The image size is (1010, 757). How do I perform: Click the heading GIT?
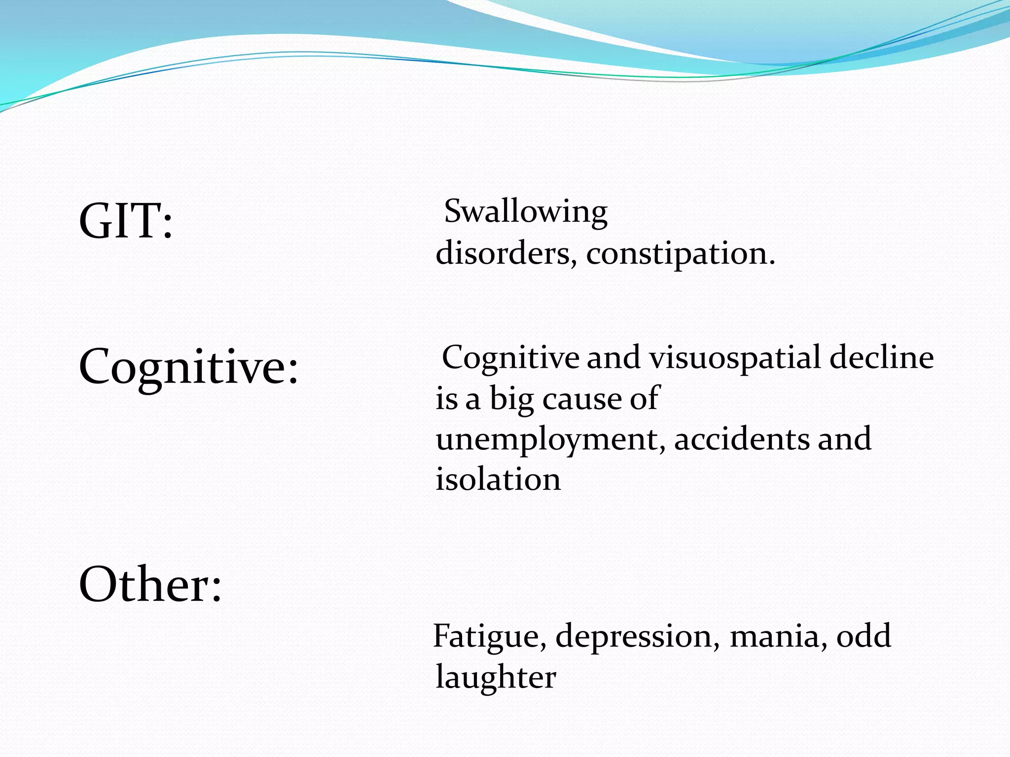point(126,221)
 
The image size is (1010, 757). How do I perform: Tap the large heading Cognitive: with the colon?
point(188,367)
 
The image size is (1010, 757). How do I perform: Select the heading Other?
point(150,585)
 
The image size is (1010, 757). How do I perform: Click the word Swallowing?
point(526,212)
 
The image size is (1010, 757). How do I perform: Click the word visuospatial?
point(735,358)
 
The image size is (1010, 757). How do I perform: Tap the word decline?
point(882,357)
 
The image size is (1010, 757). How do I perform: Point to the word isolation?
point(498,480)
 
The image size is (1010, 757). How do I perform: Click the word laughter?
point(496,678)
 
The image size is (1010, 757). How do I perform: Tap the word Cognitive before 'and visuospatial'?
point(510,358)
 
